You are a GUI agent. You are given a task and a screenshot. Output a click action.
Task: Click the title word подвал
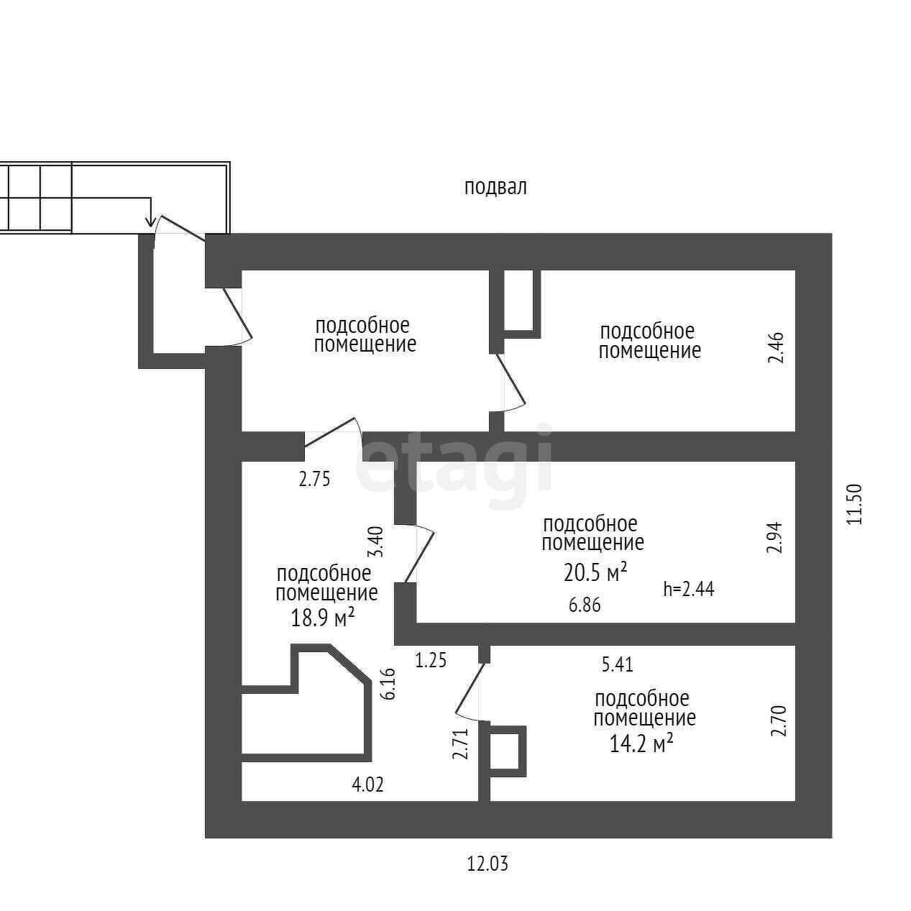click(495, 188)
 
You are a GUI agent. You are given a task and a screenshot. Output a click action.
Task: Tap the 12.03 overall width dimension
click(487, 864)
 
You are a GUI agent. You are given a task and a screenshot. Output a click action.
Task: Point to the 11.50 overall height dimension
click(853, 504)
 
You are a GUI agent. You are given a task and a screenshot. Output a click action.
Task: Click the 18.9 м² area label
click(323, 617)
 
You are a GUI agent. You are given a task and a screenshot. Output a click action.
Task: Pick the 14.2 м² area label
click(641, 743)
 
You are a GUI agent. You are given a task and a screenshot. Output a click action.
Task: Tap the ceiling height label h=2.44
click(688, 590)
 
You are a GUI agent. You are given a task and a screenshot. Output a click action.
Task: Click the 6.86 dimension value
click(584, 605)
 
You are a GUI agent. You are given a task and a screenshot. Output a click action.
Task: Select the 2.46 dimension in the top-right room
click(775, 348)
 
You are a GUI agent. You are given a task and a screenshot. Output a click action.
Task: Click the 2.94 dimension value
click(774, 537)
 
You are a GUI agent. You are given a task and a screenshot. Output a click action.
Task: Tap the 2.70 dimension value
click(778, 721)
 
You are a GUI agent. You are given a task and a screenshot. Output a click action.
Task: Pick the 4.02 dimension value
click(367, 784)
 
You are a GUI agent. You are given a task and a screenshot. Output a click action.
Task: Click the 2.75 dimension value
click(314, 480)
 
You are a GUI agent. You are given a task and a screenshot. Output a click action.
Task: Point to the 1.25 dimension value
click(431, 660)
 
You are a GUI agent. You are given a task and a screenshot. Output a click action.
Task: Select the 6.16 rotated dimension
click(389, 684)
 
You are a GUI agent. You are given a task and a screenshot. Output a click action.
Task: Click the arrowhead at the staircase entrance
click(150, 221)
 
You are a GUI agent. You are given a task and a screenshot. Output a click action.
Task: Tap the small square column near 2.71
click(508, 751)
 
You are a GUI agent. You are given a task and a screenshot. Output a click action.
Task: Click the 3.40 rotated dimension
click(376, 542)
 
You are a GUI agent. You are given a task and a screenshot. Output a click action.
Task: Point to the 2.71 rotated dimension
click(461, 744)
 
